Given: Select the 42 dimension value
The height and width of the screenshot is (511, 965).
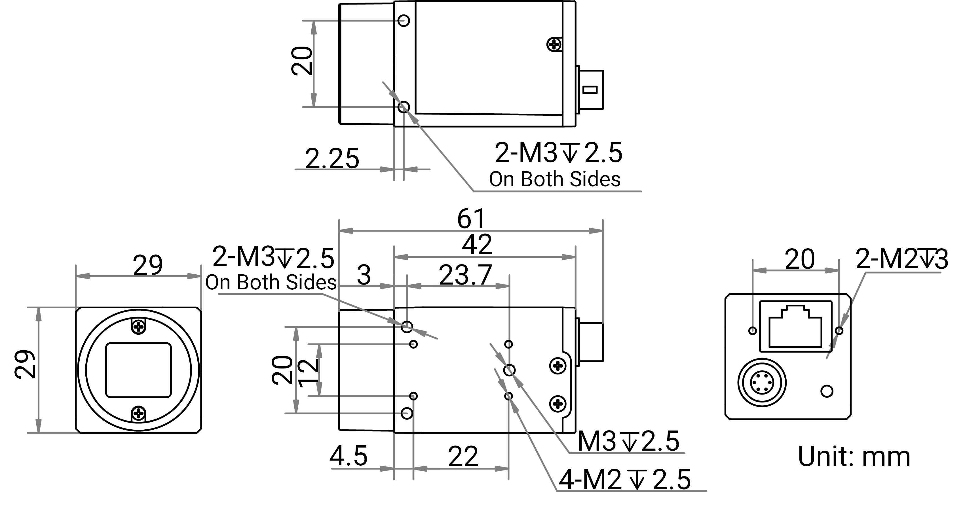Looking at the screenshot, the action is point(477,245).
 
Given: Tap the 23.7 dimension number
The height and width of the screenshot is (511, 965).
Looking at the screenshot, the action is point(465,275).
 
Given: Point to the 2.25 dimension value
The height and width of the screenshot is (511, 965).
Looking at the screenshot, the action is point(332,158).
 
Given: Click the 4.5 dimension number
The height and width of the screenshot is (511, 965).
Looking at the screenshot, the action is point(349,456).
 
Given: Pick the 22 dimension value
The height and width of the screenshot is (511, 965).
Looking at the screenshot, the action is point(463,456).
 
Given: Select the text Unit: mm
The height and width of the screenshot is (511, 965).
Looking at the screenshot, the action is point(854,456).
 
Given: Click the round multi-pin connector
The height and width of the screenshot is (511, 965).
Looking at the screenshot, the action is point(762,382).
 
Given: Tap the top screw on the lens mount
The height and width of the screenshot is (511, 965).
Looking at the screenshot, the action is point(139,326).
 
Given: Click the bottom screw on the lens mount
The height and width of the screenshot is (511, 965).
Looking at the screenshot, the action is point(139,413).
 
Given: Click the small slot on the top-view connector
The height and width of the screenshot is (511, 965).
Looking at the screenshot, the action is point(590,90).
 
